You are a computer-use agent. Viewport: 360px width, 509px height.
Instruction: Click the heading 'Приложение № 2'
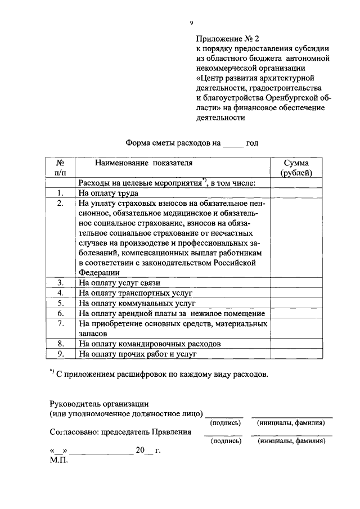pos(228,39)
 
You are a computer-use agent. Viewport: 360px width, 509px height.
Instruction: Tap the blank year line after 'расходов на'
pos(233,143)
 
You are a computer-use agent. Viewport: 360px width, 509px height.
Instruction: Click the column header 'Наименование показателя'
pos(143,163)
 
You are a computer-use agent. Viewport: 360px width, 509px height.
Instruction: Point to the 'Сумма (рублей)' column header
pos(296,168)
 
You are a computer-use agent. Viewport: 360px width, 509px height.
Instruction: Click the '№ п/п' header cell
pos(60,168)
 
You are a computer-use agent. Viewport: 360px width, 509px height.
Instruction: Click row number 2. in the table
pos(60,203)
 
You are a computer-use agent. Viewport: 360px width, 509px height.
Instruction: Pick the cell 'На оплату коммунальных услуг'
pos(137,303)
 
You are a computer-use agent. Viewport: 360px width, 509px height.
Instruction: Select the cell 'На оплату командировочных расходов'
pos(150,344)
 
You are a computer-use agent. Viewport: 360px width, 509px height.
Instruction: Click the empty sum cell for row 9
pos(296,354)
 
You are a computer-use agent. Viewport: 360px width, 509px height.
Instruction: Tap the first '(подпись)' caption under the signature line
pos(225,422)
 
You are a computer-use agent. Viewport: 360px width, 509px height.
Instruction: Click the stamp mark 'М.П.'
pos(58,461)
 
